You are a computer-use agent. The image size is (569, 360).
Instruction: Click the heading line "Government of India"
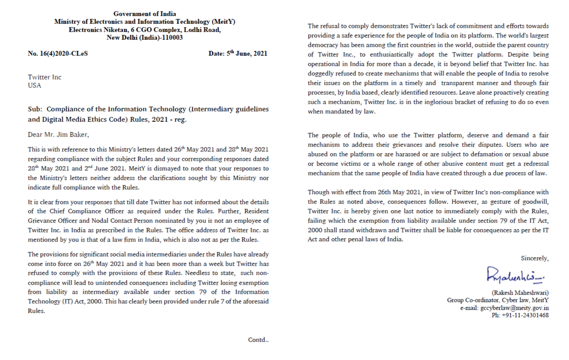pyautogui.click(x=145, y=14)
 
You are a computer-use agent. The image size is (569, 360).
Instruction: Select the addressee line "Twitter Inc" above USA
pyautogui.click(x=45, y=77)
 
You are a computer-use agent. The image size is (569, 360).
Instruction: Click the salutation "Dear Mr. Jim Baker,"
pyautogui.click(x=58, y=135)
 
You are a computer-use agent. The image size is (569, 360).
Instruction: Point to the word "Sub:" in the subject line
pyautogui.click(x=35, y=109)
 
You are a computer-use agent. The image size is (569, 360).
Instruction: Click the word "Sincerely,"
pyautogui.click(x=534, y=259)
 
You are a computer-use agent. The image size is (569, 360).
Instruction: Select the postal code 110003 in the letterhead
pyautogui.click(x=172, y=38)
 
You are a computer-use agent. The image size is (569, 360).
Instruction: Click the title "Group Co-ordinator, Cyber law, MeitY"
pyautogui.click(x=498, y=300)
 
